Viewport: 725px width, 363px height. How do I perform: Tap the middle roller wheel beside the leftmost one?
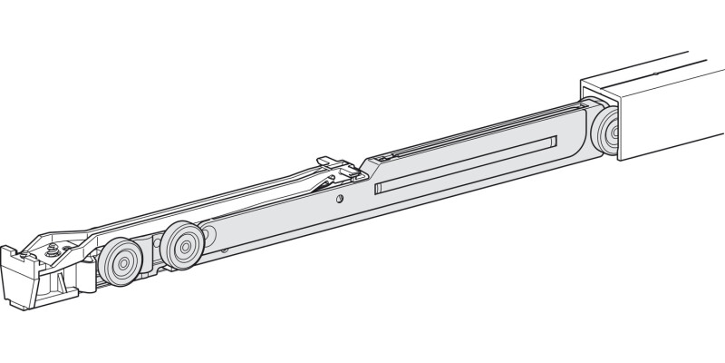(182, 245)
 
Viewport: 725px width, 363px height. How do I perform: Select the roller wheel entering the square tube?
(605, 133)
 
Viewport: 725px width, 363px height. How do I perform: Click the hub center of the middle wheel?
(185, 245)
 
